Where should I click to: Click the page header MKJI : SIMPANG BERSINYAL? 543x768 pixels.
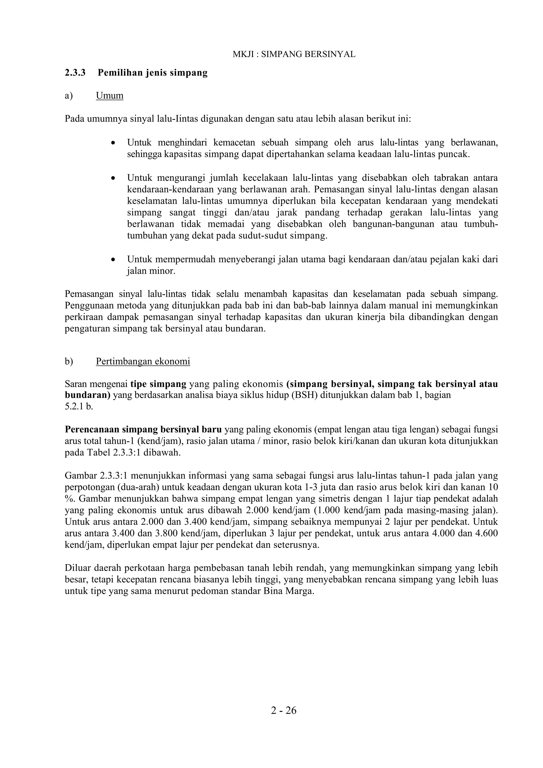pyautogui.click(x=294, y=54)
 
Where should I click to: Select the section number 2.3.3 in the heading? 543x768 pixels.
pyautogui.click(x=75, y=73)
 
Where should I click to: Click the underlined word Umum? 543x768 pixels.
pyautogui.click(x=110, y=96)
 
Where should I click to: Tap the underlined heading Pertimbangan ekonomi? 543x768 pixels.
pyautogui.click(x=143, y=361)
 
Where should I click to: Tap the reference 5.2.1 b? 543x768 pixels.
pyautogui.click(x=79, y=407)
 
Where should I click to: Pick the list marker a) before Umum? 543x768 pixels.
pyautogui.click(x=69, y=96)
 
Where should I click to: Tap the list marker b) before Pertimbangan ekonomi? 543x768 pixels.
pyautogui.click(x=69, y=361)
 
